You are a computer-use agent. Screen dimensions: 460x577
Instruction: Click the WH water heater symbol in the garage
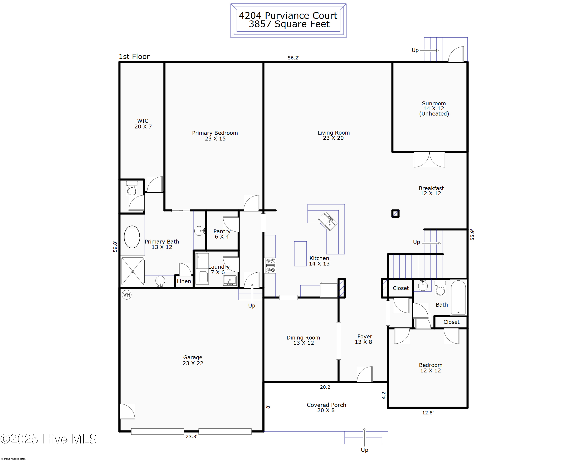tap(126, 294)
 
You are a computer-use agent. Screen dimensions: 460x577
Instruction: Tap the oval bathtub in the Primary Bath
tap(132, 237)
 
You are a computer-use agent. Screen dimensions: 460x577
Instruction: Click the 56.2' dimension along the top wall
tap(293, 58)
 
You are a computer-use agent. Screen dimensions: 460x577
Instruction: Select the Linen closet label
tap(184, 281)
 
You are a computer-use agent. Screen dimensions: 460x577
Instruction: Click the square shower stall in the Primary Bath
tap(133, 271)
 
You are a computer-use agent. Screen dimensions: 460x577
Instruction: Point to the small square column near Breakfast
tap(395, 213)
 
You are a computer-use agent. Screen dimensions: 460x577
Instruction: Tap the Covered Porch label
tap(326, 407)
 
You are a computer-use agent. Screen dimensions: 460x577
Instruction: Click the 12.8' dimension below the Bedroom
tap(428, 413)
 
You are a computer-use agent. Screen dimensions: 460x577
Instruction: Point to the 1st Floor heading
tap(134, 57)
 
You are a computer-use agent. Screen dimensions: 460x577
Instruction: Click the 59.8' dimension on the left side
tap(115, 246)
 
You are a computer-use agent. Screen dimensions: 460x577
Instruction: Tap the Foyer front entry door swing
tap(365, 374)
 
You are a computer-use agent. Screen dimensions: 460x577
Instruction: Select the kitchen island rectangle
tap(300, 254)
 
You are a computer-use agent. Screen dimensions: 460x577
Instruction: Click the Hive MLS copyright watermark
tap(49, 439)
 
